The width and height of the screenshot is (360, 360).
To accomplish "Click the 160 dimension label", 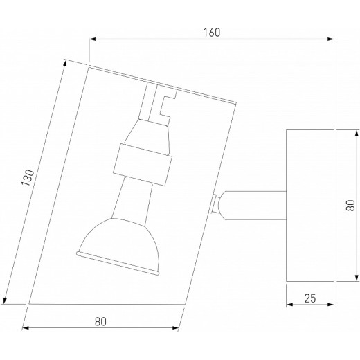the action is pyautogui.click(x=212, y=33).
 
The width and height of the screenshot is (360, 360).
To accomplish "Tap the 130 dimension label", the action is pyautogui.click(x=28, y=177).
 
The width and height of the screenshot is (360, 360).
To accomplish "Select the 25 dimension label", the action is pyautogui.click(x=310, y=298).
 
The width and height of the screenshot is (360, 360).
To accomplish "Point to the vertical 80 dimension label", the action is pyautogui.click(x=350, y=205).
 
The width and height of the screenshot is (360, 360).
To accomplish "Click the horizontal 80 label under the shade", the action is pyautogui.click(x=100, y=322).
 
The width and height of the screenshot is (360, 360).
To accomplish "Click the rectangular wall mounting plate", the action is pyautogui.click(x=310, y=206).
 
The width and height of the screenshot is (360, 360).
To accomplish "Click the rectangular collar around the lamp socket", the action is pyautogui.click(x=143, y=165).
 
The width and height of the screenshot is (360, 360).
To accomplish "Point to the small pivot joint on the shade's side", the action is pyautogui.click(x=214, y=204).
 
